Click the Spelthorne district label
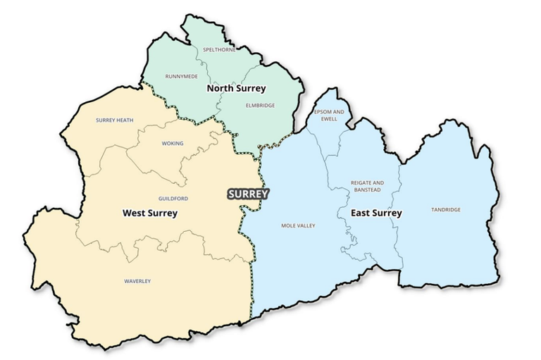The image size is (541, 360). [219, 50]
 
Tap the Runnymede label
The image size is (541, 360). [182, 76]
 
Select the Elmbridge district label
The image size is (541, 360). [260, 106]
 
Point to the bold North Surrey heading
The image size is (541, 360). [236, 89]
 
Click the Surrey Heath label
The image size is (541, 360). [114, 120]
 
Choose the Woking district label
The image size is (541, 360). [173, 144]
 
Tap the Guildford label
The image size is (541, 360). [173, 199]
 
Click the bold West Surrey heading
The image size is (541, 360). [150, 213]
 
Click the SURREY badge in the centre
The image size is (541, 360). [248, 193]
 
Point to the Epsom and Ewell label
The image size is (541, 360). [330, 116]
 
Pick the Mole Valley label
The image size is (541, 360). [298, 225]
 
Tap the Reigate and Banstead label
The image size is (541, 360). [368, 186]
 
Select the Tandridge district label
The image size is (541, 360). [445, 209]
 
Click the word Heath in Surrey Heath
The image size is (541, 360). [124, 120]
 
